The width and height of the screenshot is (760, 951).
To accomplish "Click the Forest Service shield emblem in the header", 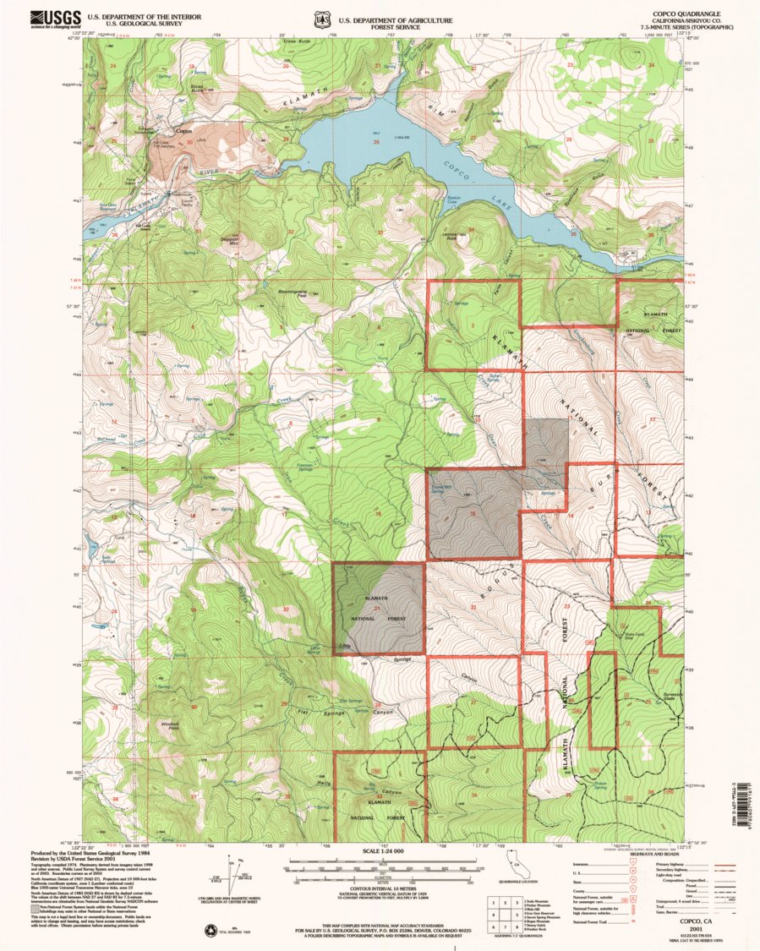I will point(321,19).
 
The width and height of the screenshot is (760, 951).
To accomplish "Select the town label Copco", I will point(183,131).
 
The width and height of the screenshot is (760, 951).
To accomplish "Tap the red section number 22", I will point(473,605).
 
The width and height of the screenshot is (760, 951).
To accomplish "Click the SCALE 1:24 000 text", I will point(382,851).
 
